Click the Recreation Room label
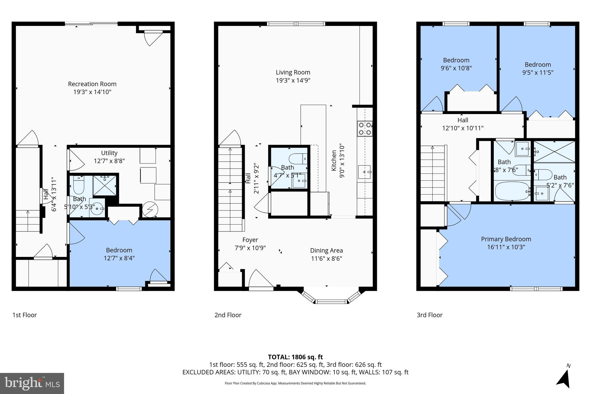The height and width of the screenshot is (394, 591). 92,84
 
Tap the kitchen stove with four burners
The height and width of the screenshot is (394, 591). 364,129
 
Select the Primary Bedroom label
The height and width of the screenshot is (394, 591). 506,239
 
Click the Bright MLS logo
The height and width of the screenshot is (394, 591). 32,383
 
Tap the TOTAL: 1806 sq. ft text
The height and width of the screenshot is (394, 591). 295,357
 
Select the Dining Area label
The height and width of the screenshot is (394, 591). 326,251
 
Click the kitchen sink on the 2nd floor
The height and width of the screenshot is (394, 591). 364,172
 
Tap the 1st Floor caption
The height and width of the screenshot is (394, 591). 25,315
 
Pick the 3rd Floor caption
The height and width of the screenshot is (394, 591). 429,315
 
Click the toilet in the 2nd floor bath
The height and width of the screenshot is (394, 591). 297,159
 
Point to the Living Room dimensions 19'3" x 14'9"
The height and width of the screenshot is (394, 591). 293,80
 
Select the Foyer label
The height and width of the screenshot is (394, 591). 250,240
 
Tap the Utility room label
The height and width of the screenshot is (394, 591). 109,153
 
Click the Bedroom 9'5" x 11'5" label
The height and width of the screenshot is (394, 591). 538,65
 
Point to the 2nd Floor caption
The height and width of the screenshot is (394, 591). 228,315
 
